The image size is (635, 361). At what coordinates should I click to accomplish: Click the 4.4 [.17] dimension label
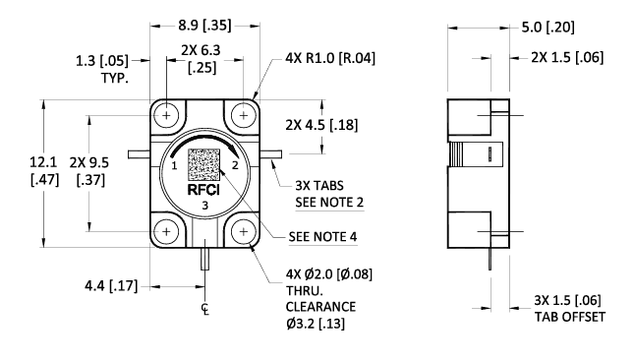click(110, 286)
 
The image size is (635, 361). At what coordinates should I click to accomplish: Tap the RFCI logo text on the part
click(204, 191)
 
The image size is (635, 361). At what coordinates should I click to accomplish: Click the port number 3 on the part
click(204, 206)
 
